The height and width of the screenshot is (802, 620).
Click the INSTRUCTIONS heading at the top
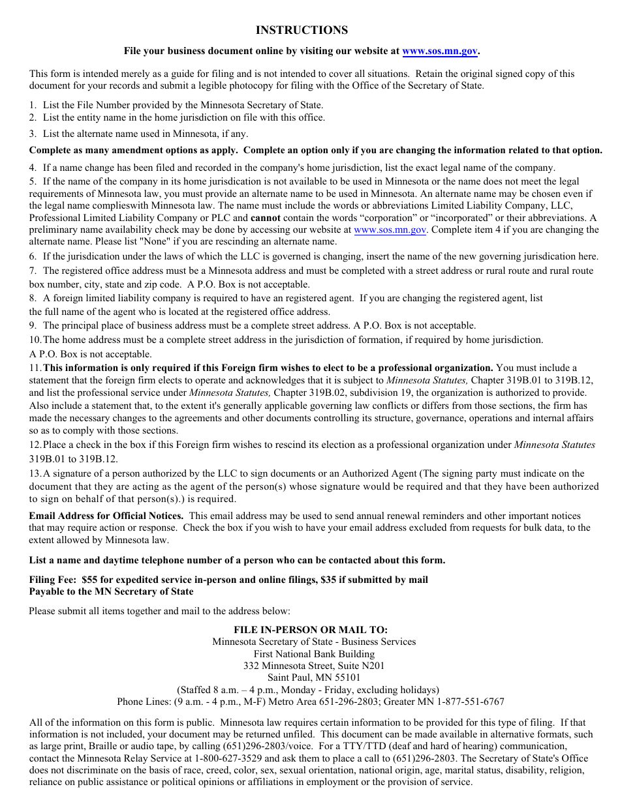click(x=302, y=30)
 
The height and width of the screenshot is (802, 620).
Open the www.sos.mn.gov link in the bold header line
click(x=439, y=51)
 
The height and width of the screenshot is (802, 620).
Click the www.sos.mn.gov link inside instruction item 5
click(x=390, y=230)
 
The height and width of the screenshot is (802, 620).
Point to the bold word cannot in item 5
click(x=266, y=218)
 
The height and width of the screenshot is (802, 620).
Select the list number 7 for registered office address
click(x=33, y=271)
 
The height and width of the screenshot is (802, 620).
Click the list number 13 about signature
click(x=35, y=473)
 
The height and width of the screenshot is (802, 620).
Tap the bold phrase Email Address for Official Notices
click(x=106, y=515)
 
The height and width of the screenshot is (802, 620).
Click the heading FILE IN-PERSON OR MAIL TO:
click(x=311, y=629)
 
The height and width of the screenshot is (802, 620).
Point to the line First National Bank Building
click(x=314, y=654)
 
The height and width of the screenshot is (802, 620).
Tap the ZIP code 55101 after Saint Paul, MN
click(x=347, y=677)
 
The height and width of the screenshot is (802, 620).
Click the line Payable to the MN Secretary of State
click(x=111, y=591)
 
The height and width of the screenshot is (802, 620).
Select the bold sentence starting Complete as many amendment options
click(x=315, y=150)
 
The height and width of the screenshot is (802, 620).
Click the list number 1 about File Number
click(x=32, y=104)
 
